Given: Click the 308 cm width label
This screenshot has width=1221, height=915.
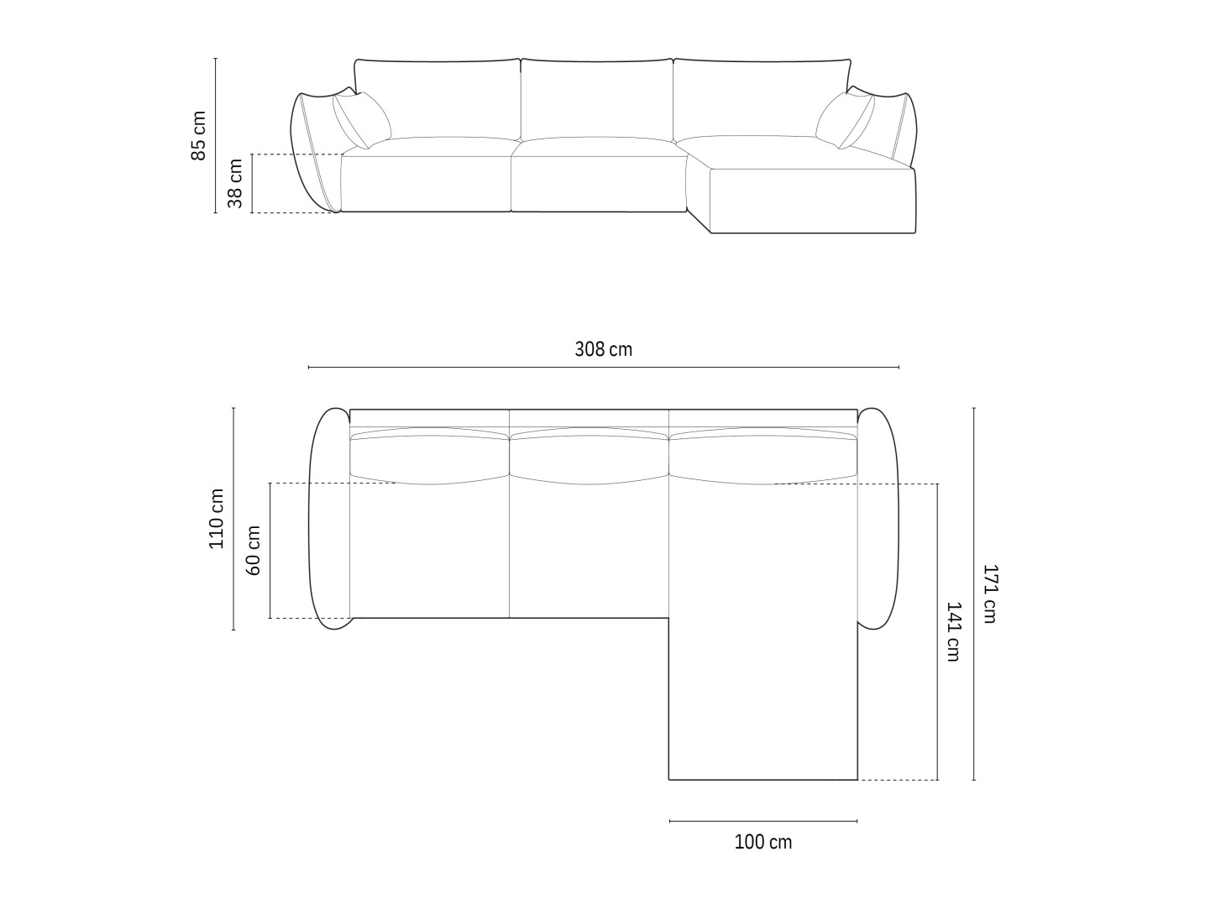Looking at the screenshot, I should (x=603, y=348).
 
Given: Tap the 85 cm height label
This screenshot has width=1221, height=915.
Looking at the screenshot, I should (x=199, y=135).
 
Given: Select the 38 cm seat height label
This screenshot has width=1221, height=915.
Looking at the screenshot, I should (x=236, y=183).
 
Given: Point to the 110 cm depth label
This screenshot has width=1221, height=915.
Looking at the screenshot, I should (x=217, y=518).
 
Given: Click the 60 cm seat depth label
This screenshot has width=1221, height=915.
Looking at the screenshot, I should (x=254, y=550).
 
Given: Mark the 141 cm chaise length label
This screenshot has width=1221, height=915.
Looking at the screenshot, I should (x=953, y=631).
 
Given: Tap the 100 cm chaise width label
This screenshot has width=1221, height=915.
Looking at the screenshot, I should (x=762, y=841).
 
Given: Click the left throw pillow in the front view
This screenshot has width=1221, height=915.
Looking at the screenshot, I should (x=362, y=119).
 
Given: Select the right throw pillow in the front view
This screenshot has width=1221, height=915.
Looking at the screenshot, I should (x=844, y=119).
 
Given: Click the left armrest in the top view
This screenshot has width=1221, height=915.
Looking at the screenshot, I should (x=329, y=518).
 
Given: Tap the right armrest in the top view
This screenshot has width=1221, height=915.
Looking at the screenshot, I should (x=878, y=518).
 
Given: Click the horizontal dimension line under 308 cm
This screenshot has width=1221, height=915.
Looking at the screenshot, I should (x=603, y=368).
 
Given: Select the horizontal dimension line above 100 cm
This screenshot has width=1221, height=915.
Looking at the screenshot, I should (x=762, y=821).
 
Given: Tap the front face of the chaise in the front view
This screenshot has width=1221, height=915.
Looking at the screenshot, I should (x=812, y=201).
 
